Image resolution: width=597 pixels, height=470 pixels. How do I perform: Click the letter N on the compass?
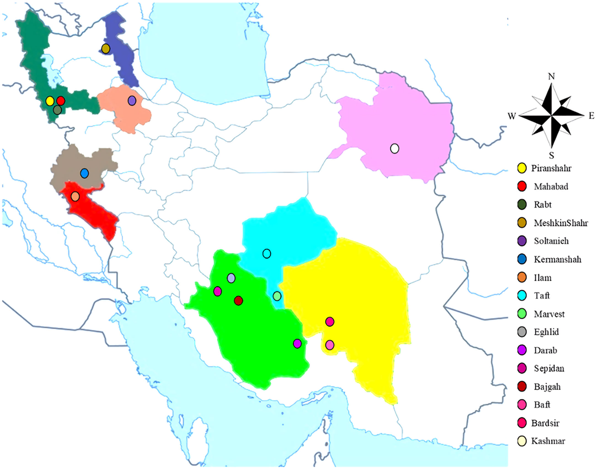click(x=551, y=77)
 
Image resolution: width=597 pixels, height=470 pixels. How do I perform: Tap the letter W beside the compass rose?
click(x=512, y=116)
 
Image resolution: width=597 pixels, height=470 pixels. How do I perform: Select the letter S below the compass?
click(x=551, y=155)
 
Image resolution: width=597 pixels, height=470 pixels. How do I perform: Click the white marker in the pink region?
click(x=395, y=148)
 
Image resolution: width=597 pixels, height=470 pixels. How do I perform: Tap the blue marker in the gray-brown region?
click(x=85, y=173)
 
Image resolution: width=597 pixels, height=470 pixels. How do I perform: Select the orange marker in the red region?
click(x=75, y=196)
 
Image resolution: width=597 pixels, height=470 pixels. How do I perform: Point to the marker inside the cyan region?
click(x=267, y=254)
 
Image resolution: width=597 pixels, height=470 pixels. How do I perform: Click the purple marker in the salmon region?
click(x=132, y=100)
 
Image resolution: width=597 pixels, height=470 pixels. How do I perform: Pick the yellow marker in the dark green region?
click(x=50, y=101)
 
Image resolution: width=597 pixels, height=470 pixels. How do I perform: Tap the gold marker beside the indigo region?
click(x=105, y=48)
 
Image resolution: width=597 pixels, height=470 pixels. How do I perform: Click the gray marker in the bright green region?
click(x=231, y=278)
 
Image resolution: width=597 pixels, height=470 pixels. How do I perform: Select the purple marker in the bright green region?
click(x=297, y=343)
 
